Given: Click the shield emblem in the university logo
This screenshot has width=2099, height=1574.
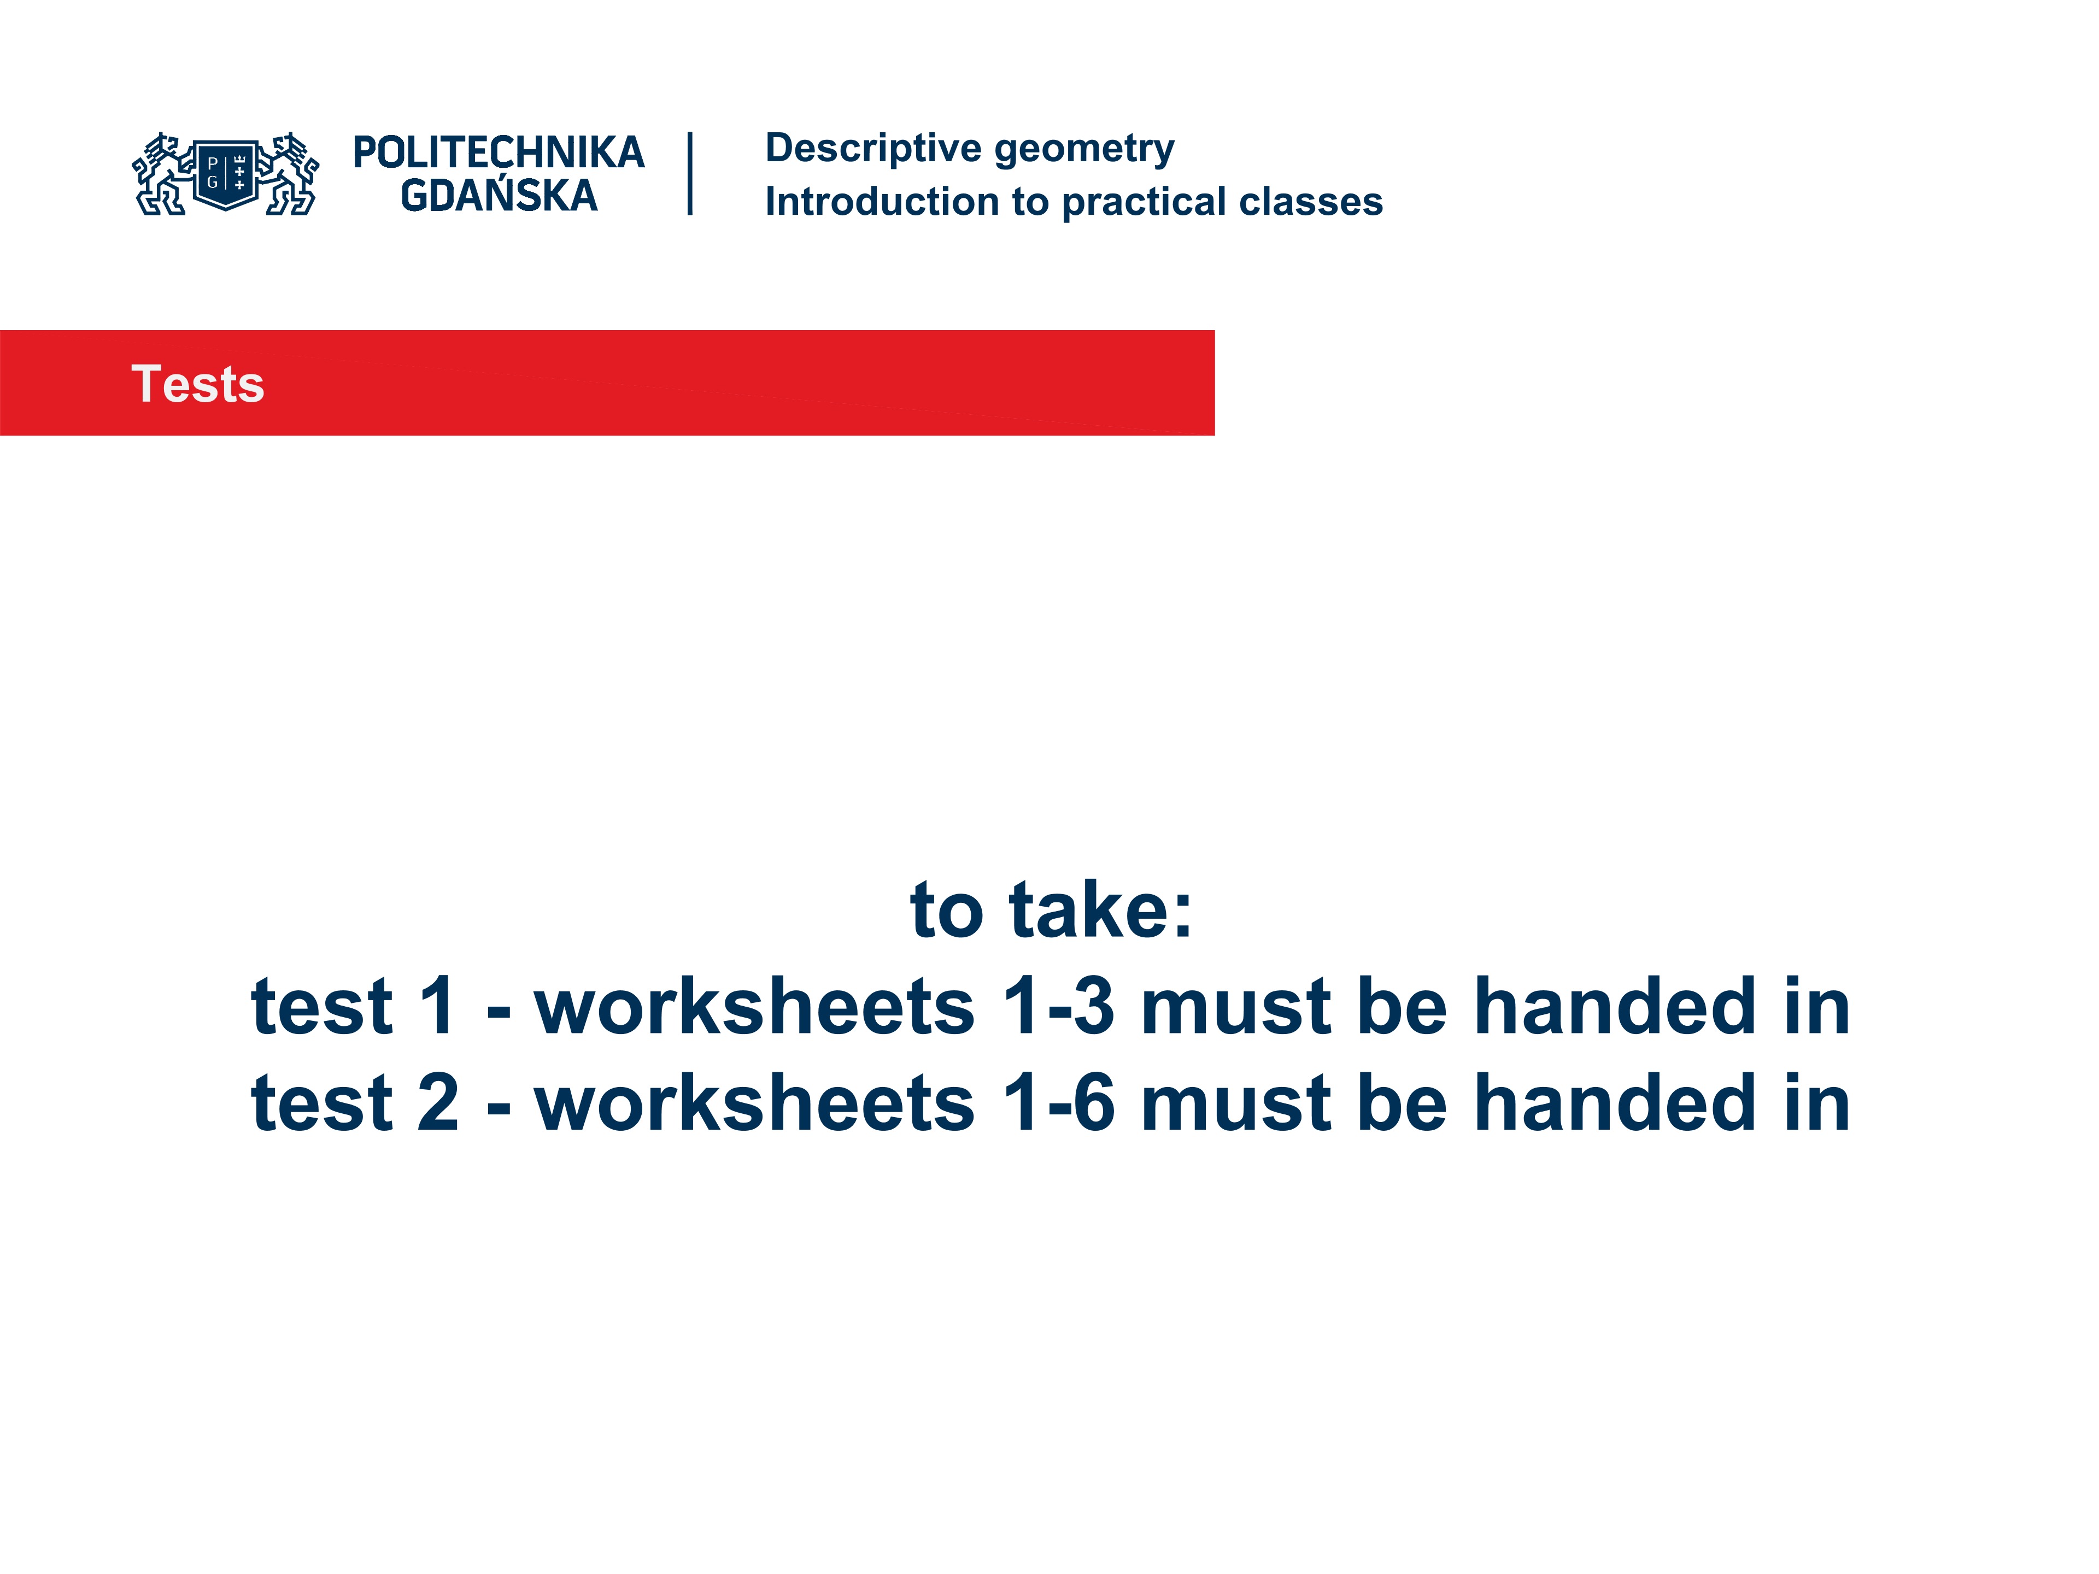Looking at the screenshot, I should pyautogui.click(x=226, y=174).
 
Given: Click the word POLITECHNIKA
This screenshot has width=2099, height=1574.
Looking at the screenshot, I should pyautogui.click(x=498, y=152).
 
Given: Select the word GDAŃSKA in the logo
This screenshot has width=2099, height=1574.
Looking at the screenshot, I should pyautogui.click(x=498, y=196).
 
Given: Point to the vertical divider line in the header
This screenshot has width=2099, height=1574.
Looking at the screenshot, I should pyautogui.click(x=690, y=174).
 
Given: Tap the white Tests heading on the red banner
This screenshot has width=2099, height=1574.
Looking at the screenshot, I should pyautogui.click(x=197, y=384).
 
